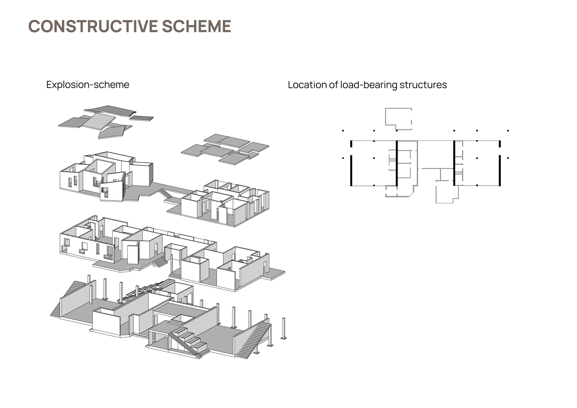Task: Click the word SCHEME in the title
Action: (x=196, y=26)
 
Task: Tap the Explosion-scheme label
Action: (x=88, y=85)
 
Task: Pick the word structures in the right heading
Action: (x=423, y=85)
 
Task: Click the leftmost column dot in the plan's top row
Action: (x=343, y=131)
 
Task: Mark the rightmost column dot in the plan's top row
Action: (x=508, y=131)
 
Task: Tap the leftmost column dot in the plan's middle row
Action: (x=343, y=158)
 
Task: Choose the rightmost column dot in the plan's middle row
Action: (x=508, y=158)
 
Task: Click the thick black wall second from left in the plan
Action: (x=397, y=163)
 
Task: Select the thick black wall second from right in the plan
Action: (x=454, y=163)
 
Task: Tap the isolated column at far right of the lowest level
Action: (x=284, y=329)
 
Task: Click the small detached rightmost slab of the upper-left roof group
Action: (x=141, y=118)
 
